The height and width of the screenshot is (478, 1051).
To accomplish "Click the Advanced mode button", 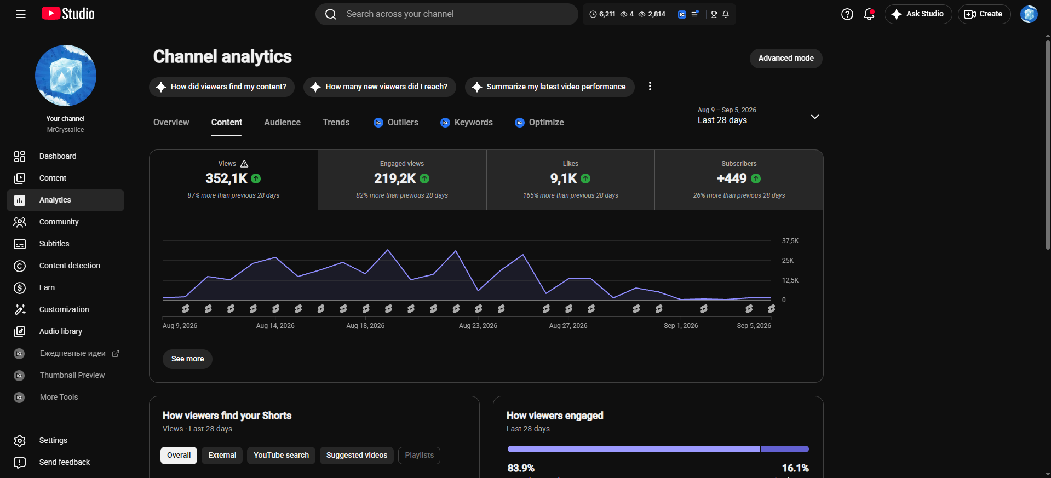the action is click(x=786, y=59).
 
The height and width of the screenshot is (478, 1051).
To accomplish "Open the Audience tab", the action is click(x=282, y=123).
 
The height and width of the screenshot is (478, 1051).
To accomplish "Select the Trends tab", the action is click(x=336, y=123).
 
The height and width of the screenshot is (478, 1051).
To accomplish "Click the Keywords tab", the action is click(x=467, y=123).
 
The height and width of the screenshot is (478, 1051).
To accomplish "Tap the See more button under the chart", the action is click(x=187, y=359).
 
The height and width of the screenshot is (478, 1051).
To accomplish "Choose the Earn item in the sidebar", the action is click(x=47, y=288).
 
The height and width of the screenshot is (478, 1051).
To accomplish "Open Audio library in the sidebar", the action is click(x=61, y=332).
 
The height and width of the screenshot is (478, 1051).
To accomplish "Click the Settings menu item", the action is click(x=53, y=441).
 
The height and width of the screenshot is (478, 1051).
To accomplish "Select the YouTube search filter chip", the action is click(x=281, y=456).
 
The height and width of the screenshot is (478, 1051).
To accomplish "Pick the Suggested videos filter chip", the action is click(x=357, y=456).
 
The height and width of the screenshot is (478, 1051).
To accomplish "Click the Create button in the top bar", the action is click(x=984, y=14).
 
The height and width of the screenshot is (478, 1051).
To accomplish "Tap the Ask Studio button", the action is click(x=918, y=14).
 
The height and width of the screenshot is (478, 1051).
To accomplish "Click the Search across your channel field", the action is click(x=446, y=14).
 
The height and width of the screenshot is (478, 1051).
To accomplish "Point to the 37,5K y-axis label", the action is click(x=790, y=241).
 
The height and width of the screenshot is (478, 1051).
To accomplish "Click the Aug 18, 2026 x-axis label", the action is click(x=365, y=326).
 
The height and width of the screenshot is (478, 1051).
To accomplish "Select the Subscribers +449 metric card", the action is click(x=739, y=180).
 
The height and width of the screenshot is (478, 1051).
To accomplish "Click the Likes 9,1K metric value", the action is click(x=564, y=179).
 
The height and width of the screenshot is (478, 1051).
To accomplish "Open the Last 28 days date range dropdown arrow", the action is click(x=815, y=117).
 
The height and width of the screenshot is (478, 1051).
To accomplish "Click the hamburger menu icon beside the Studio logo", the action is click(x=21, y=14).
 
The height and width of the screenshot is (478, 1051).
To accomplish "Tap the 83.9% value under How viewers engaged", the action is click(x=521, y=468).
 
